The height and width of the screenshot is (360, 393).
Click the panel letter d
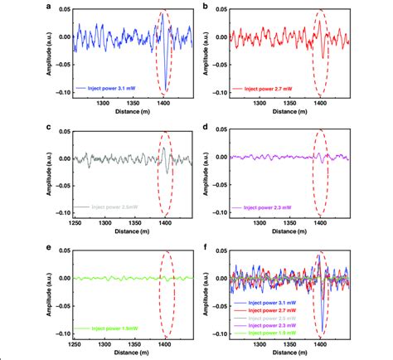[206, 127]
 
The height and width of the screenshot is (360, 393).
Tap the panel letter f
[206, 247]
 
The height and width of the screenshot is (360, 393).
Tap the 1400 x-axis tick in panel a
[166, 104]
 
